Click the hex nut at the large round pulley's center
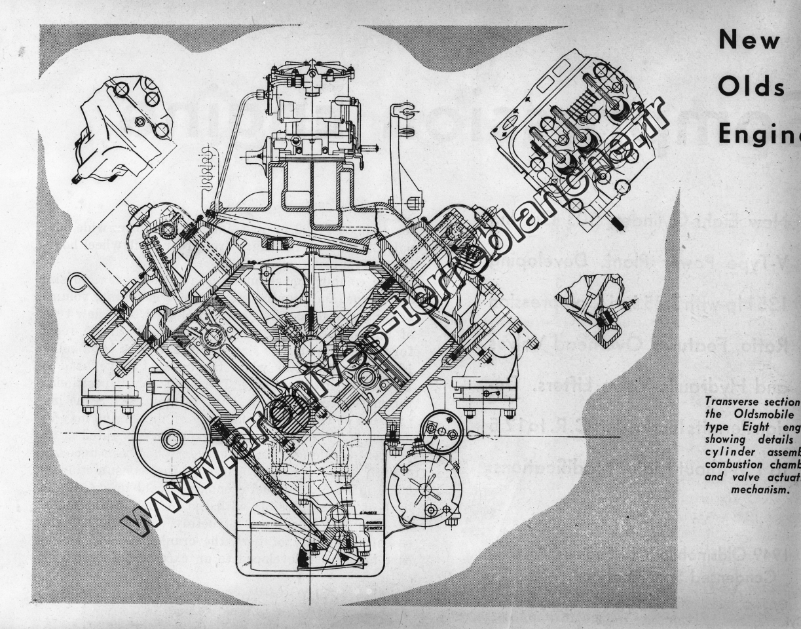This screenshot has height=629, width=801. (x=172, y=439)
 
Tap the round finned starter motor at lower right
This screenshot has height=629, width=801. (x=424, y=488)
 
